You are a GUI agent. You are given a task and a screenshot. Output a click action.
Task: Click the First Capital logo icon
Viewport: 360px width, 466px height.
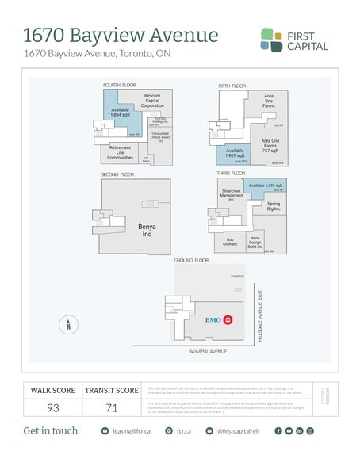273,40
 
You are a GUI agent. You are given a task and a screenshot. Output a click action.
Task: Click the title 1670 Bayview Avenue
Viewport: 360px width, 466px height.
121,35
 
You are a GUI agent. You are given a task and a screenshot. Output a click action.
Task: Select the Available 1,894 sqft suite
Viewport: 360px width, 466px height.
121,113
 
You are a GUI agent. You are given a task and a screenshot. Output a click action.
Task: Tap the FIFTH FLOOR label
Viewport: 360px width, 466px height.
232,84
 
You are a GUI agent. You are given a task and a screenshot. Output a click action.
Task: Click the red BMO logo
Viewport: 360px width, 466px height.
228,319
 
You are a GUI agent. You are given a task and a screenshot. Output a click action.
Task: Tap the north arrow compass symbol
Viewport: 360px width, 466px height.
68,323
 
